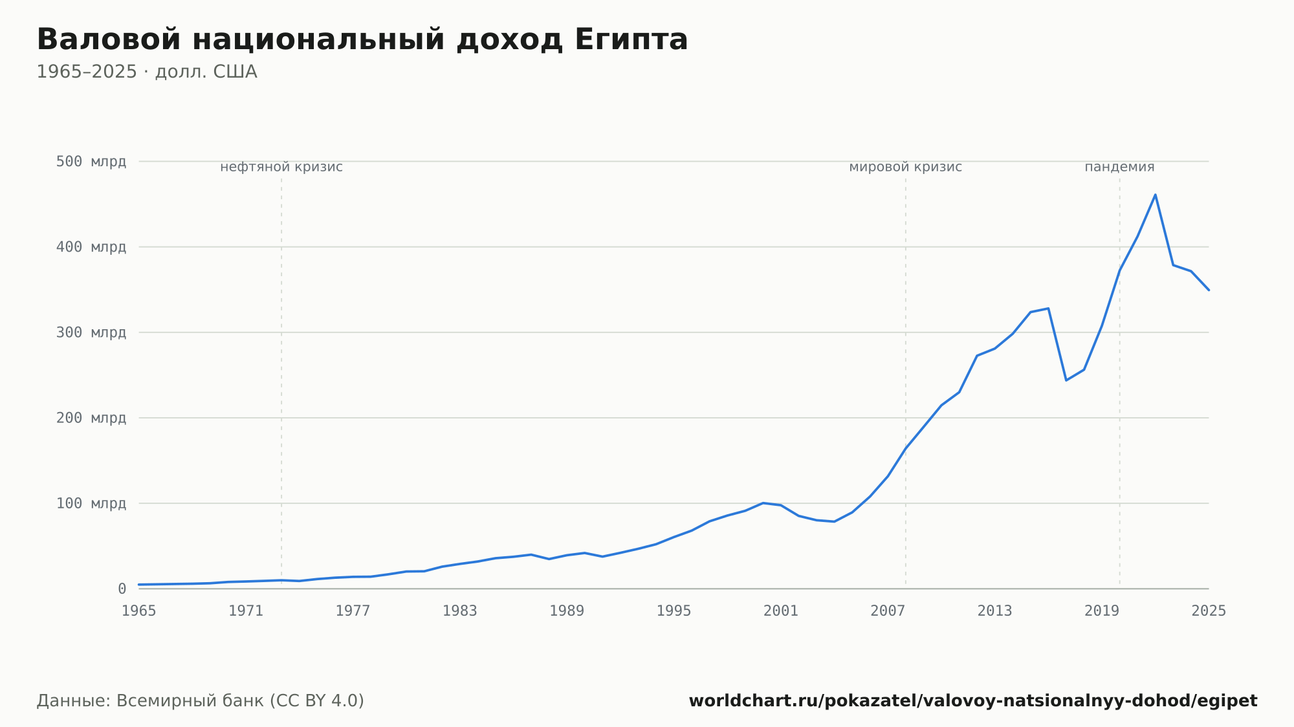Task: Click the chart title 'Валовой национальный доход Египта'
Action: tap(362, 40)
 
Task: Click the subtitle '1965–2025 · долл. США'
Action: tap(147, 72)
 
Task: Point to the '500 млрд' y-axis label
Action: tap(91, 162)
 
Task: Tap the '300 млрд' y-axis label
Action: tap(91, 332)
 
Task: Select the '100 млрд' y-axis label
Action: tap(91, 503)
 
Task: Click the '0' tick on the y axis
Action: tap(122, 589)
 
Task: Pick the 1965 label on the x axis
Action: tap(139, 611)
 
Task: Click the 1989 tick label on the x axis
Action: tap(567, 611)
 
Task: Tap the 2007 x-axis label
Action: tap(888, 611)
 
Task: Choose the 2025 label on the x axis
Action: tap(1209, 611)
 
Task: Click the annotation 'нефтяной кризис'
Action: tap(281, 167)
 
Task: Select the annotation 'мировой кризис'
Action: tap(906, 167)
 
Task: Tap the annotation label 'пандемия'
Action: tap(1120, 167)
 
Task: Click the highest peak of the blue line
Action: tap(1155, 195)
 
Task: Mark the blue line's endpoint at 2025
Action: tap(1209, 290)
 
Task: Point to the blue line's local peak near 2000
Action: tap(763, 503)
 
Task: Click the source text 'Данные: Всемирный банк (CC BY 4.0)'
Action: tap(201, 701)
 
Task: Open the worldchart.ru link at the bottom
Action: tap(973, 701)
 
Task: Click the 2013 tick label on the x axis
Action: tap(994, 611)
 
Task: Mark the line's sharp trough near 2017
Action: tap(1066, 380)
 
